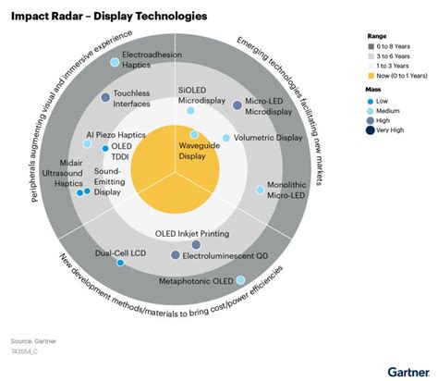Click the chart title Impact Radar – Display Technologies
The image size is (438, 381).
[x=109, y=17]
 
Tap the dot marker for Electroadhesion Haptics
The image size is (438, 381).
[x=115, y=62]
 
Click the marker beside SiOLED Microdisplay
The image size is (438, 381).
[x=192, y=110]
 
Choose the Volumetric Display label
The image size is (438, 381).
[x=268, y=137]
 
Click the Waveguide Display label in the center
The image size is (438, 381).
[x=196, y=151]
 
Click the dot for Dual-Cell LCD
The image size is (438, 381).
[x=120, y=263]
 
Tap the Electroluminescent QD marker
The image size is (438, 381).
[x=175, y=254]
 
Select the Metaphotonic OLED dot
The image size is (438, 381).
[x=239, y=279]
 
